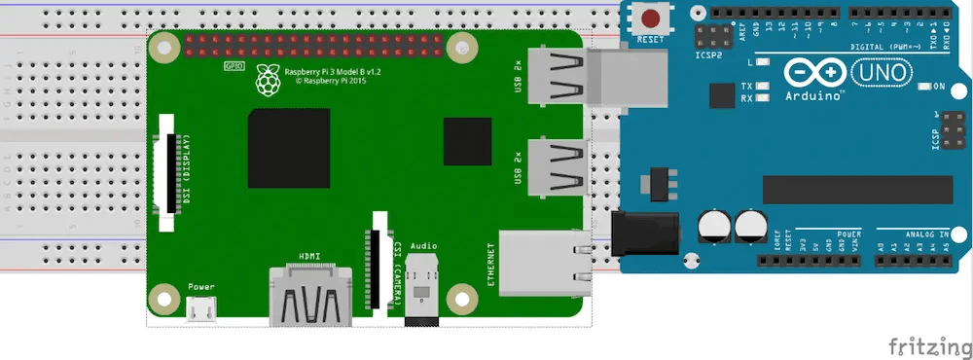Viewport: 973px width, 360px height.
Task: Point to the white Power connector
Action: point(201,309)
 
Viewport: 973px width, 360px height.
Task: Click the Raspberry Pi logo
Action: point(266,81)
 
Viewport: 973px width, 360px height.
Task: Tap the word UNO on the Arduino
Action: point(882,72)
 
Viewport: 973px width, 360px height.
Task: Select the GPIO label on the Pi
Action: point(234,66)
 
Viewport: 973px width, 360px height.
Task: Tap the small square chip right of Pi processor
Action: point(467,141)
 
